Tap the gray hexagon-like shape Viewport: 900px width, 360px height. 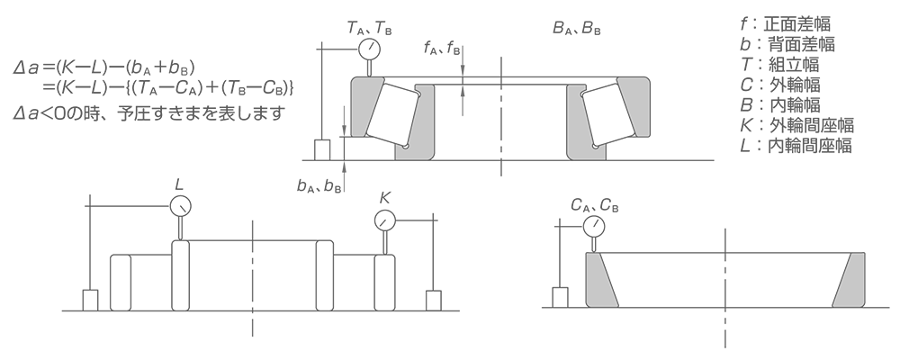[x=465, y=111]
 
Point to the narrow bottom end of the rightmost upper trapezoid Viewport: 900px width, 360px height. [x=641, y=133]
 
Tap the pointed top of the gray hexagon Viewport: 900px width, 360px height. [x=463, y=86]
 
